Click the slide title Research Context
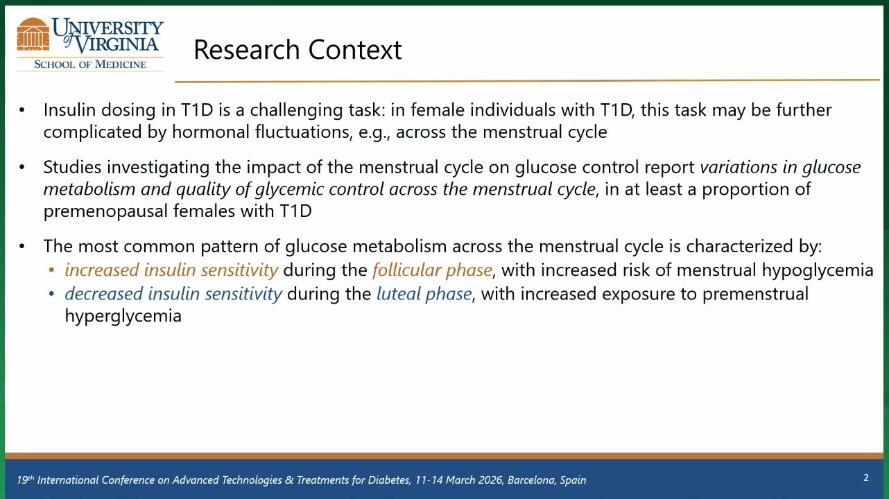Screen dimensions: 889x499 pyautogui.click(x=297, y=50)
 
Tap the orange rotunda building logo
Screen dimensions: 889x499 pyautogui.click(x=33, y=35)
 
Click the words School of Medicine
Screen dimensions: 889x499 pyautogui.click(x=90, y=64)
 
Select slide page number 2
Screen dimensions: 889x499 pyautogui.click(x=866, y=478)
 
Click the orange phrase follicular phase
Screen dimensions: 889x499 pyautogui.click(x=432, y=270)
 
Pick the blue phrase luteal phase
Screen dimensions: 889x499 pyautogui.click(x=424, y=294)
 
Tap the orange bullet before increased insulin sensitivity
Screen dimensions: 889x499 pyautogui.click(x=51, y=270)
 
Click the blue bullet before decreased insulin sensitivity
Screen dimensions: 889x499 pyautogui.click(x=51, y=295)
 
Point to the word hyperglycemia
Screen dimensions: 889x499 pyautogui.click(x=123, y=316)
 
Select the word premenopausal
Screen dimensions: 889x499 pyautogui.click(x=105, y=211)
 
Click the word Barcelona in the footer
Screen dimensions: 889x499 pyautogui.click(x=530, y=480)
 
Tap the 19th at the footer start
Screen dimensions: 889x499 pyautogui.click(x=26, y=480)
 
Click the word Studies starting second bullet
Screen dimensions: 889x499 pyautogui.click(x=72, y=167)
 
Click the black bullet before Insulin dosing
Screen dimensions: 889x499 pyautogui.click(x=21, y=110)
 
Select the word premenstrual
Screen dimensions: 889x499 pyautogui.click(x=755, y=294)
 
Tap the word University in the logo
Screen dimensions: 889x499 pyautogui.click(x=107, y=28)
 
